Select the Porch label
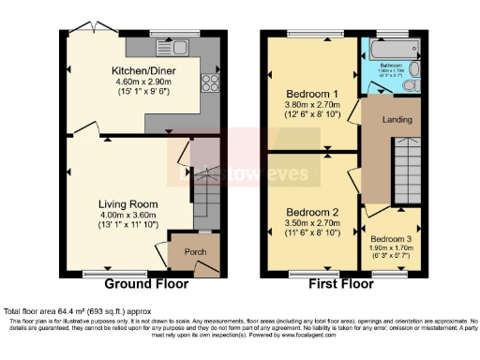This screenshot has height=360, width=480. pos(194,251)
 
